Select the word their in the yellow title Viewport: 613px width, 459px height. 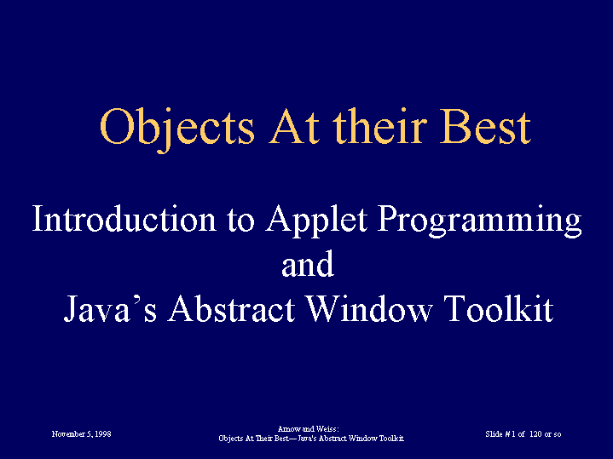pos(379,125)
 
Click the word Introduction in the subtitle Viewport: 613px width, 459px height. pos(124,219)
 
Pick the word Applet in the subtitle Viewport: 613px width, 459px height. pos(316,221)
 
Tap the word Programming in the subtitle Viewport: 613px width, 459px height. pos(479,221)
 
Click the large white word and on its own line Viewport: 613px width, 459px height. pos(308,263)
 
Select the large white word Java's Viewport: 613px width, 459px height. pos(110,307)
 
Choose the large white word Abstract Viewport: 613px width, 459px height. pos(231,307)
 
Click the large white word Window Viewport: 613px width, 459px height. pos(368,307)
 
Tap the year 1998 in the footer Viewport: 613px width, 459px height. pos(103,434)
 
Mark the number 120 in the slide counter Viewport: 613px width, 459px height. pos(535,434)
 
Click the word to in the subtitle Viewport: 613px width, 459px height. pos(240,221)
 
